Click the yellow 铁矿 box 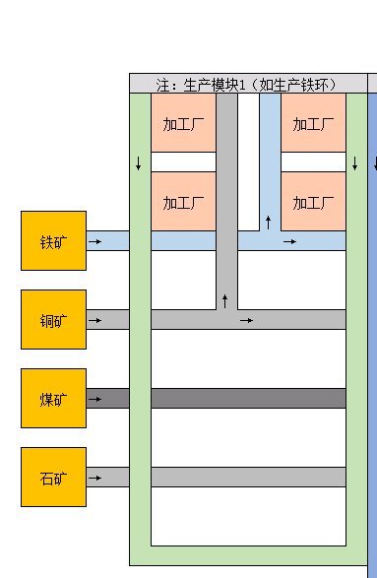[53, 240]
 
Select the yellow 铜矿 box [53, 319]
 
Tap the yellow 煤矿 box [53, 398]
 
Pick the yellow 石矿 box [53, 477]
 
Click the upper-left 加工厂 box [182, 123]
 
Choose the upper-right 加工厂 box [313, 123]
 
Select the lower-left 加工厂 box [182, 202]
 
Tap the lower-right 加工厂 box [313, 202]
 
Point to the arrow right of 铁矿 [94, 240]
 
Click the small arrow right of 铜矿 [94, 319]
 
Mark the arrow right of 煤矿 [94, 398]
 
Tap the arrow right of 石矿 [94, 477]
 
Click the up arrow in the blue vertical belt [268, 220]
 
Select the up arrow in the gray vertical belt [225, 298]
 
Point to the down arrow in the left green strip [139, 162]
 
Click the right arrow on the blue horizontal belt [289, 240]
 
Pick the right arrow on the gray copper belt [247, 319]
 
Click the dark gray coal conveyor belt [246, 398]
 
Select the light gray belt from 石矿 [246, 477]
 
